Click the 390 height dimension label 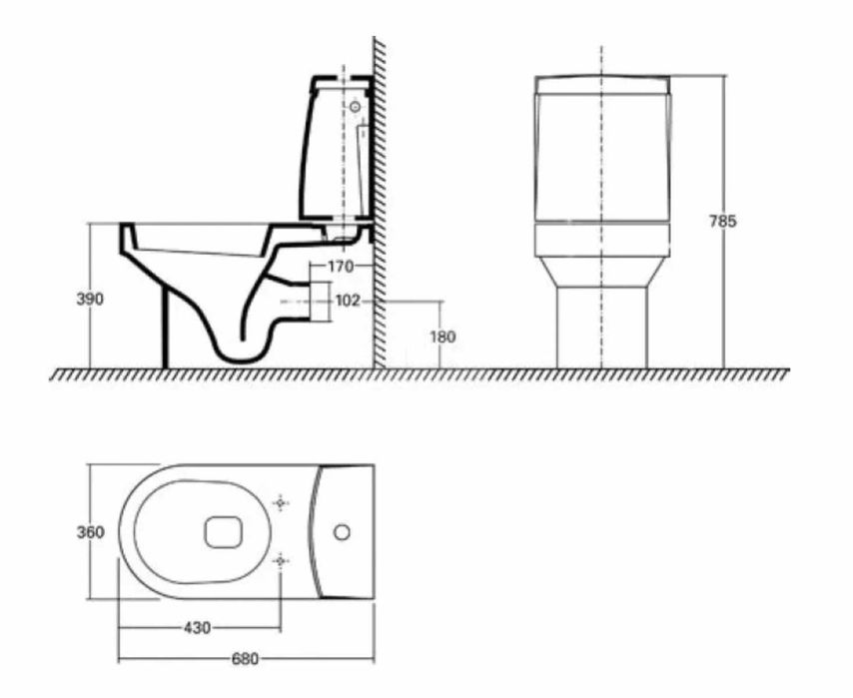point(91,299)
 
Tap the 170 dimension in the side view point(341,267)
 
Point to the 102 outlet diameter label point(347,301)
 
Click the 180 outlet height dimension point(441,337)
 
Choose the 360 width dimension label point(91,532)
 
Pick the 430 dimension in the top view point(197,628)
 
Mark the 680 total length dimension point(245,659)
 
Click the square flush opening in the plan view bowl point(221,532)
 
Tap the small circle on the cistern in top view point(343,532)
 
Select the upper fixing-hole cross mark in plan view point(281,502)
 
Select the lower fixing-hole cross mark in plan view point(281,562)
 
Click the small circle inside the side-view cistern point(354,104)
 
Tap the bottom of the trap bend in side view point(243,355)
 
